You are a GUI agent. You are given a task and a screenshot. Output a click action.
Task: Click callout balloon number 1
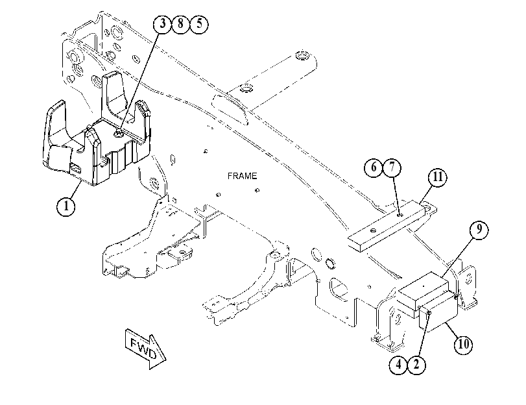(66, 206)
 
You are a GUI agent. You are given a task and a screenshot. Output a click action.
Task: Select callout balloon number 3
(163, 24)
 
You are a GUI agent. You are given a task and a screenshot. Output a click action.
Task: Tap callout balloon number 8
(181, 24)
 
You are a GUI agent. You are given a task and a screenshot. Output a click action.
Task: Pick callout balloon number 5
(199, 24)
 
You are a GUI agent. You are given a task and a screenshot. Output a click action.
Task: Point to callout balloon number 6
(374, 167)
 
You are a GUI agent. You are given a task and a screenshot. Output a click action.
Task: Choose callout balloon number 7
(392, 167)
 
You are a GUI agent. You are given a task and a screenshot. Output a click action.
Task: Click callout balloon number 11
(437, 177)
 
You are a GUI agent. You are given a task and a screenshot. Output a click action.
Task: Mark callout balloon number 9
(479, 229)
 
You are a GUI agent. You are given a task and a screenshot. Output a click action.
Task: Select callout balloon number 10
(463, 344)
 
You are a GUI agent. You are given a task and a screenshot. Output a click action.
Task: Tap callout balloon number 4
(398, 364)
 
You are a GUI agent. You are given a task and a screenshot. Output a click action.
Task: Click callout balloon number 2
(416, 364)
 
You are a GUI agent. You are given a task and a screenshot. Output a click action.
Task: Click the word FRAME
(242, 176)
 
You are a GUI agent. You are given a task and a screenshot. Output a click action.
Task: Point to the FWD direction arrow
(145, 349)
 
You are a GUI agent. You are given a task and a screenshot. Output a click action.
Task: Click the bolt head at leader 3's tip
(119, 134)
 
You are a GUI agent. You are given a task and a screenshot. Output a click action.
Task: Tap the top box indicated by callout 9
(424, 290)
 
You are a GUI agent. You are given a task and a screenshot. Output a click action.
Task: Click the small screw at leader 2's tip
(429, 313)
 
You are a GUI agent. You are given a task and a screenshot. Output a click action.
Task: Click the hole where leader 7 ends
(399, 214)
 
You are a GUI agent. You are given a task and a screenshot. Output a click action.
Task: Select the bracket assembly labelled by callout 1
(97, 141)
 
